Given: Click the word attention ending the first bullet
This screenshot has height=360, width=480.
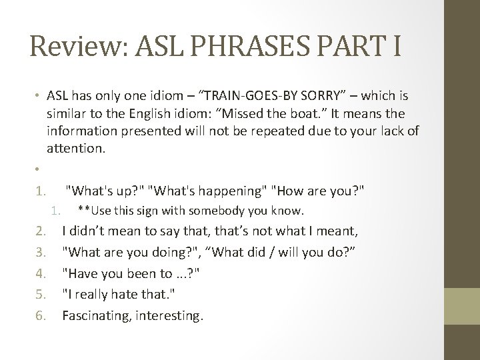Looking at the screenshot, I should [x=75, y=147].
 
